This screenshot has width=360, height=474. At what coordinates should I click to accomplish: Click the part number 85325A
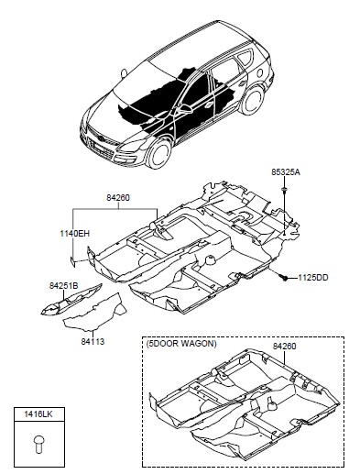click(x=286, y=172)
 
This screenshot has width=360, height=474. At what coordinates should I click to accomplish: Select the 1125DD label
click(x=313, y=278)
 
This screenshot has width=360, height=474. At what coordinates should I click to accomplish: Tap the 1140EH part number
click(x=75, y=234)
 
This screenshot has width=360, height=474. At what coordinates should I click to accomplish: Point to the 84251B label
click(x=64, y=286)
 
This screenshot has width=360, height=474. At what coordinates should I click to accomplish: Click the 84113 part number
click(x=93, y=341)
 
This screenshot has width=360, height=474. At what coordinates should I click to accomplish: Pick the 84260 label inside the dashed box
click(x=284, y=347)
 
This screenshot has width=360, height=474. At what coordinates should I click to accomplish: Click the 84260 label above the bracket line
click(x=118, y=198)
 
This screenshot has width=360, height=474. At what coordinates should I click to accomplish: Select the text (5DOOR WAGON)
click(x=181, y=344)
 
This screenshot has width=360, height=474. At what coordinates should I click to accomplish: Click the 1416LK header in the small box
click(x=38, y=414)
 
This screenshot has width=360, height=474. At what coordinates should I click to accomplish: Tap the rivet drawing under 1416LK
click(x=38, y=445)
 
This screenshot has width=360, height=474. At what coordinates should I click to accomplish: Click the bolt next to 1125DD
click(x=284, y=278)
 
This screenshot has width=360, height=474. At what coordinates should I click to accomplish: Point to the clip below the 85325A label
click(x=284, y=191)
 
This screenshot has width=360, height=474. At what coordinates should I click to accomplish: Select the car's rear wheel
click(x=253, y=99)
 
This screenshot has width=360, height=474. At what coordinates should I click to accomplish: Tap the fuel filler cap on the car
click(x=260, y=72)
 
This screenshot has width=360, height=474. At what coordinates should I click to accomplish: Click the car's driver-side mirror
click(x=185, y=108)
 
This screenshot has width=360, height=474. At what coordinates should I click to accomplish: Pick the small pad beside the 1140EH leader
click(x=72, y=262)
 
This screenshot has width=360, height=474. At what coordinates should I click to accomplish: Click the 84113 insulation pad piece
click(x=95, y=313)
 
